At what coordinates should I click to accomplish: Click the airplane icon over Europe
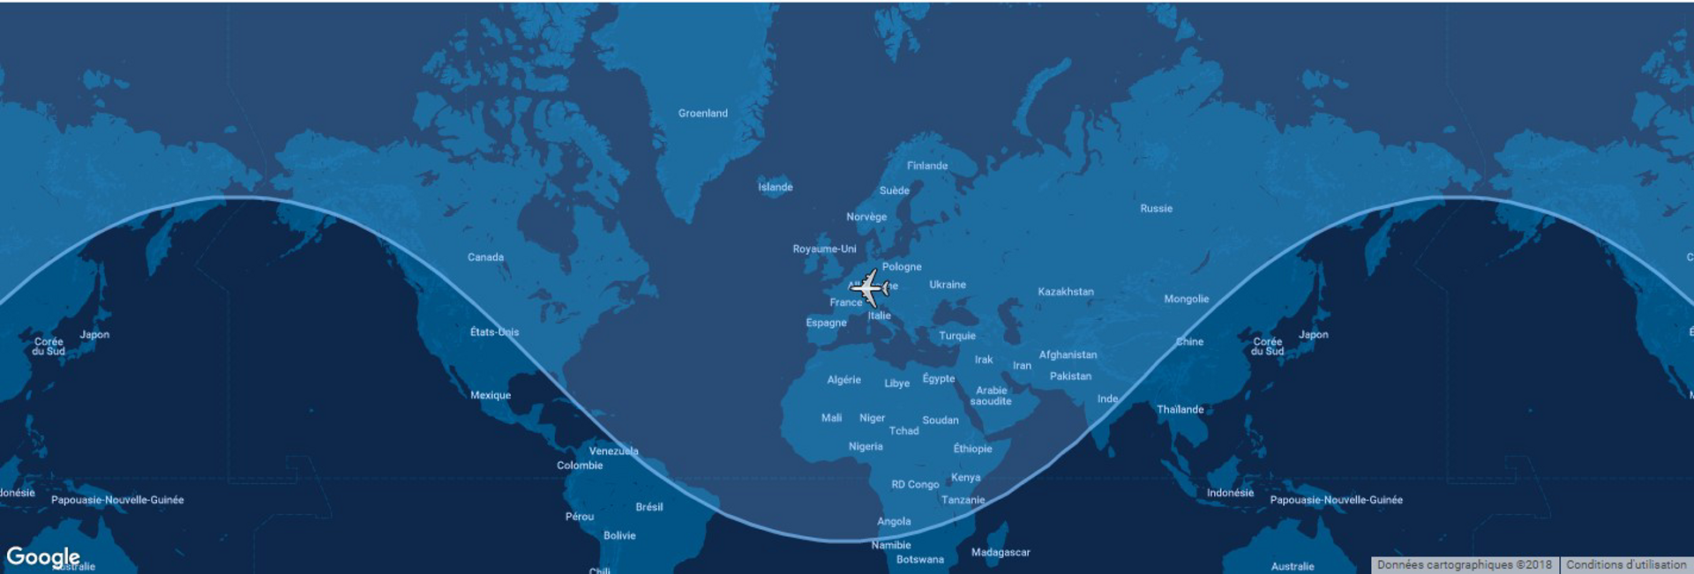[870, 287]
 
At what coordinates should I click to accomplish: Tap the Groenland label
[702, 114]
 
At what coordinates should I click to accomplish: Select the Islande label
[775, 187]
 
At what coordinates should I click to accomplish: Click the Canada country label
[485, 257]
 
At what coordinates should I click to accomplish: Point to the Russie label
[1156, 209]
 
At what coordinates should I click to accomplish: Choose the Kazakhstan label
[1065, 292]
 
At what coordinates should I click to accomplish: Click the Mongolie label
[1186, 299]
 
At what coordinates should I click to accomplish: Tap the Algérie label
[843, 380]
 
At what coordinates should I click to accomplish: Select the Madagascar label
[1000, 553]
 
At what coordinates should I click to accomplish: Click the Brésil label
[648, 507]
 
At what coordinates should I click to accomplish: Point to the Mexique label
[490, 395]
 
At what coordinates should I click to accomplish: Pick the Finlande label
[926, 166]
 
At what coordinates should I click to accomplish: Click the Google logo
[42, 556]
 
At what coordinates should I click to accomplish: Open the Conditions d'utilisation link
[1625, 565]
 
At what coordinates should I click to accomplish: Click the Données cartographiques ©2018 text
[1464, 565]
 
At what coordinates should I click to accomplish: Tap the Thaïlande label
[1180, 409]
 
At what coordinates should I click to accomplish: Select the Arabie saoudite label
[991, 396]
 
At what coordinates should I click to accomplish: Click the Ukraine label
[947, 285]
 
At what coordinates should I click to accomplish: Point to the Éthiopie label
[972, 449]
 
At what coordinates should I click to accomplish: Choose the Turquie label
[956, 336]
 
